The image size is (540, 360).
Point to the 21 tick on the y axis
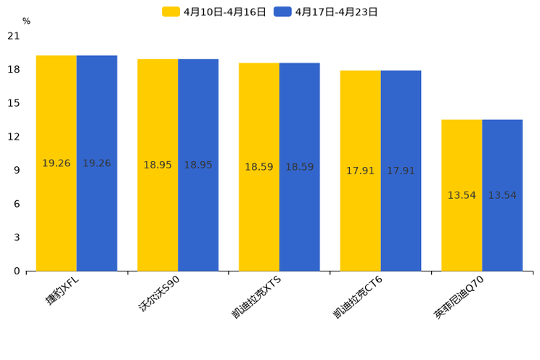point(14,36)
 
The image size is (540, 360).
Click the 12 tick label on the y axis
point(14,137)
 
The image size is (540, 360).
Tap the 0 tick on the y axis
point(17,271)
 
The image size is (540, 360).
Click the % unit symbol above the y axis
point(26,22)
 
